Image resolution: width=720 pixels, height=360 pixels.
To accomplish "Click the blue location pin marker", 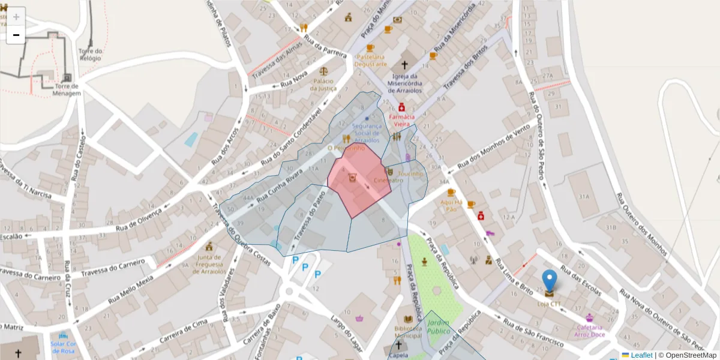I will [x=549, y=282].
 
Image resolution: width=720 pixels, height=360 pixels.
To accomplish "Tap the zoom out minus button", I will [x=16, y=35].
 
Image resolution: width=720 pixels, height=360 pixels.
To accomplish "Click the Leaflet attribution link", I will [x=641, y=355].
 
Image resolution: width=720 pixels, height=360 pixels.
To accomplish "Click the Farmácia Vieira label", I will [x=402, y=120].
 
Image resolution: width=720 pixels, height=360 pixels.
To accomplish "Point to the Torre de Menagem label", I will [x=67, y=89].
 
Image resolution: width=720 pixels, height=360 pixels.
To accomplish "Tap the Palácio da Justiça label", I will [x=323, y=85].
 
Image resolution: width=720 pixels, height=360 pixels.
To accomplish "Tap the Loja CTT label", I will [x=549, y=304].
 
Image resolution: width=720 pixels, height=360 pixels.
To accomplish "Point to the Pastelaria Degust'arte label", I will [x=370, y=61].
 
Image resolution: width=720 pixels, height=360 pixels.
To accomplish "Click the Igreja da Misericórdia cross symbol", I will [x=404, y=64].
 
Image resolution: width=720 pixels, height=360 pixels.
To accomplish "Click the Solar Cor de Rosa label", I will [x=62, y=347].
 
